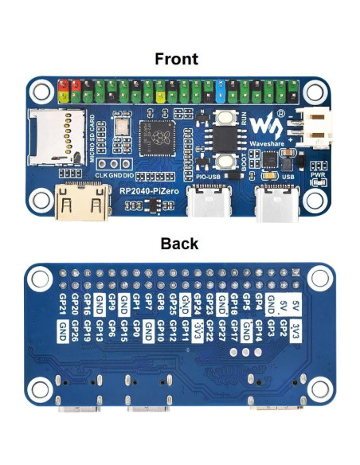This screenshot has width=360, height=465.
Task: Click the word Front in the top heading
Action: point(176,58)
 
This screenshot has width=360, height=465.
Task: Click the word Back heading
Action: point(179,243)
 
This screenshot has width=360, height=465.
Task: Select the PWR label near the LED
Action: point(318,174)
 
